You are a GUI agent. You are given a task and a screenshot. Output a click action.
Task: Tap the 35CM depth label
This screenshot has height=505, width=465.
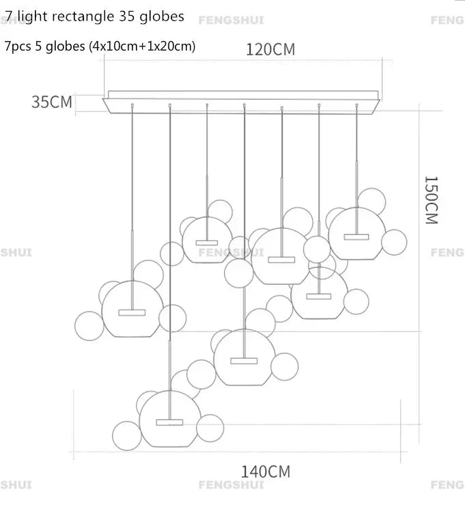pos(51,103)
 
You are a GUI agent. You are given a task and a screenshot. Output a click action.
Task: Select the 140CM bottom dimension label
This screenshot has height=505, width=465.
pos(265,472)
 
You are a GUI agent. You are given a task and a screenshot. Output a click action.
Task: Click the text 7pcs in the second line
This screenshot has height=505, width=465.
pos(16,46)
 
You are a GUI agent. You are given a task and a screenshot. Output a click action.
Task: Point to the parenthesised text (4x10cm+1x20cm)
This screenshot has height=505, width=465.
pos(147,46)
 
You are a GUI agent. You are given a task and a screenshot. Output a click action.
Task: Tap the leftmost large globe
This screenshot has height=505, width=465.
pos(132,309)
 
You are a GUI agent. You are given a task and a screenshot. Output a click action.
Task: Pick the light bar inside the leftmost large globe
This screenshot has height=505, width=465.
pos(132,312)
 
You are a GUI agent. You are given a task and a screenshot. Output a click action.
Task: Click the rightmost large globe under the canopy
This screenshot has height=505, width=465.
pos(355,233)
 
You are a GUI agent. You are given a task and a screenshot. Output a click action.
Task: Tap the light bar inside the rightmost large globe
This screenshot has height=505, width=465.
pos(355,236)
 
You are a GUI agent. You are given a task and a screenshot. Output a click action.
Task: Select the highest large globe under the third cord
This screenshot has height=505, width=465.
pos(206,239)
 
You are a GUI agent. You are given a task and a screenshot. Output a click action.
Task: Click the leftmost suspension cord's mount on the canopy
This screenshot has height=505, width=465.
pos(132,105)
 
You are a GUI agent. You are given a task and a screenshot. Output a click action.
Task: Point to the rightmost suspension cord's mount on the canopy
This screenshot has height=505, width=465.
pos(356,105)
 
